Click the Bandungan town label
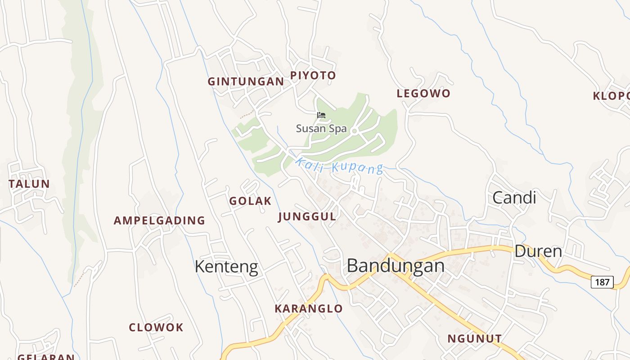(x=396, y=266)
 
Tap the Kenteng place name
(x=226, y=267)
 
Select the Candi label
(x=514, y=198)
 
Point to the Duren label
(x=538, y=251)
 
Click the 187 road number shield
(x=602, y=282)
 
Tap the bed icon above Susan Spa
(x=321, y=115)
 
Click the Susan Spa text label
(x=321, y=129)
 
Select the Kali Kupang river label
(x=339, y=165)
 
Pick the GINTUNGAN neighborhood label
(x=246, y=81)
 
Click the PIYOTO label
(x=313, y=76)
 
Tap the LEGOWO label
(x=423, y=94)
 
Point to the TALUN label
(x=29, y=184)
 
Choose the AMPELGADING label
(x=159, y=220)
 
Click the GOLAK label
(x=250, y=201)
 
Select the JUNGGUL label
(x=307, y=217)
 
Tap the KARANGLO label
(x=309, y=309)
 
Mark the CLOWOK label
(x=156, y=328)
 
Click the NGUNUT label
(x=474, y=339)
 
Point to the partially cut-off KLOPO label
(x=611, y=96)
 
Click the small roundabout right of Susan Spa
(x=354, y=131)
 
